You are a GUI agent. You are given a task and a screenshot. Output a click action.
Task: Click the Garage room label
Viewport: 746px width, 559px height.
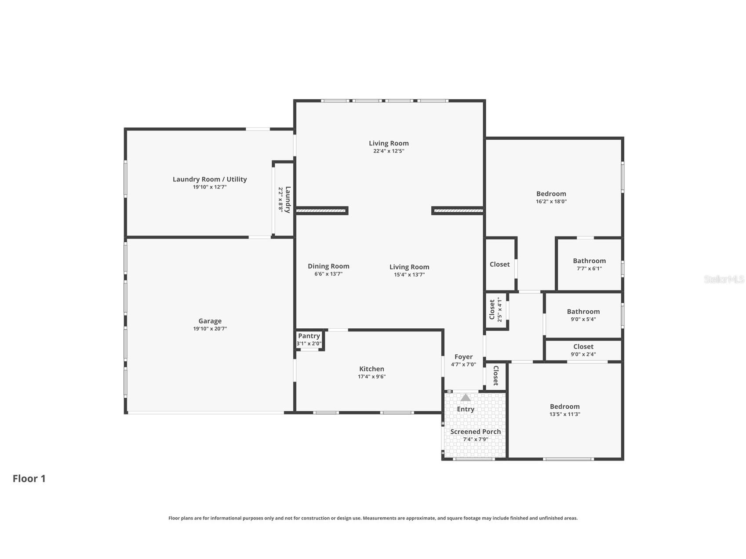(x=210, y=321)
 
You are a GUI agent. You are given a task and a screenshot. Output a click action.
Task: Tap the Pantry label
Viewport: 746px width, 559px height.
(x=309, y=336)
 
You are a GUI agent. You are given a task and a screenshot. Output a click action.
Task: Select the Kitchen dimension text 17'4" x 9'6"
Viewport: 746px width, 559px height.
(x=371, y=377)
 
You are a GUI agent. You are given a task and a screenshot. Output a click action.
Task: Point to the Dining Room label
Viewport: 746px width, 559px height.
(x=328, y=266)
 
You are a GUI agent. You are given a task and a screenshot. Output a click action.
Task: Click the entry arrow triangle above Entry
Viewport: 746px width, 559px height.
(x=466, y=398)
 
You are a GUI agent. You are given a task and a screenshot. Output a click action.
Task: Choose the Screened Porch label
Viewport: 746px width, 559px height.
(x=475, y=432)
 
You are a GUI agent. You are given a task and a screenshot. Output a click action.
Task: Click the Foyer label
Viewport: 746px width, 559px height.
(x=463, y=357)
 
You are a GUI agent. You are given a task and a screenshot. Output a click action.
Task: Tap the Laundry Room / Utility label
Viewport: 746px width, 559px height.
(x=210, y=179)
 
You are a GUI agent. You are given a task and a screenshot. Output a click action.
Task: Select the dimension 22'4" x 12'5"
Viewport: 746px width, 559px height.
(x=389, y=151)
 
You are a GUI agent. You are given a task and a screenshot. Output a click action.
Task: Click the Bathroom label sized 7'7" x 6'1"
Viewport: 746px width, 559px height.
(x=589, y=261)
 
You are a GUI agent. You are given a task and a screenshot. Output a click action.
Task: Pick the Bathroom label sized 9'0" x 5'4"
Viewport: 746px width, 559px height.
(x=583, y=312)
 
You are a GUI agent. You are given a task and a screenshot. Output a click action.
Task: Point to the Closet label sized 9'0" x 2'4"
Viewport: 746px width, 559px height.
(x=583, y=347)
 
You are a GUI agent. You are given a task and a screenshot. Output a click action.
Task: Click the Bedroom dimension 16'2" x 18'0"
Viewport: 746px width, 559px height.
(x=551, y=201)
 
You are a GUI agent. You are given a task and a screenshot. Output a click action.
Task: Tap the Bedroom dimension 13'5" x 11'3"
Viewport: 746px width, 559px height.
(x=564, y=414)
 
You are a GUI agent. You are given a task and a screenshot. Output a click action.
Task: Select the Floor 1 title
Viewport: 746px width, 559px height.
(x=29, y=479)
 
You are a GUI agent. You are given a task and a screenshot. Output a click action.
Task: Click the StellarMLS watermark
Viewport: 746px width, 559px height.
(x=724, y=279)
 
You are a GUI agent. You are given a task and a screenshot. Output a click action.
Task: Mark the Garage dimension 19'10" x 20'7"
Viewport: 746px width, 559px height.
(x=210, y=329)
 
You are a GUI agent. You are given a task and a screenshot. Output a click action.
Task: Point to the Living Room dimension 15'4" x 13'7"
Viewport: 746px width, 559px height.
(x=409, y=275)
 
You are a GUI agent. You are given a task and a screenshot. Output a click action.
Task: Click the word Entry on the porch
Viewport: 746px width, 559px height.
(x=466, y=409)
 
